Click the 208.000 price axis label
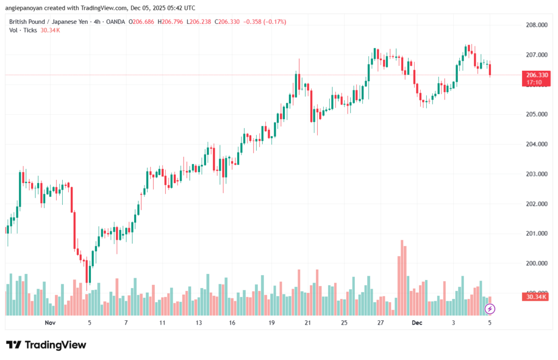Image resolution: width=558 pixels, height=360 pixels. click(x=536, y=25)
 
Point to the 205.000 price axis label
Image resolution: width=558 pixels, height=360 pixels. click(x=536, y=114)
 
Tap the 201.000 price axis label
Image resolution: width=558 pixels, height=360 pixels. click(x=536, y=234)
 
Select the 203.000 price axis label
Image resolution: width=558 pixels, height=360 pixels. click(x=536, y=174)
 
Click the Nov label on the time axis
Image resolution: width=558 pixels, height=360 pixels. click(x=50, y=323)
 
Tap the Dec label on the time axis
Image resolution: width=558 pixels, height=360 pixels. click(x=417, y=323)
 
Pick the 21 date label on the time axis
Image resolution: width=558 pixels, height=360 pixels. click(x=308, y=323)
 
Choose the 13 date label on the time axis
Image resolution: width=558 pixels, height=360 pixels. click(x=198, y=323)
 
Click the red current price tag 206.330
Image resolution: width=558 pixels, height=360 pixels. click(x=536, y=75)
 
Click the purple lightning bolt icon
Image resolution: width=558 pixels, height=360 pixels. click(x=490, y=309)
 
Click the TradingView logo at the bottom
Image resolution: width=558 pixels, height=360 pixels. click(x=46, y=345)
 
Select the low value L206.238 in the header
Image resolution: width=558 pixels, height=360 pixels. click(x=200, y=22)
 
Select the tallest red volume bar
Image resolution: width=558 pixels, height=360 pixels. click(x=402, y=277)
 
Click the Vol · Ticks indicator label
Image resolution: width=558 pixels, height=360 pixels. click(x=23, y=30)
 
